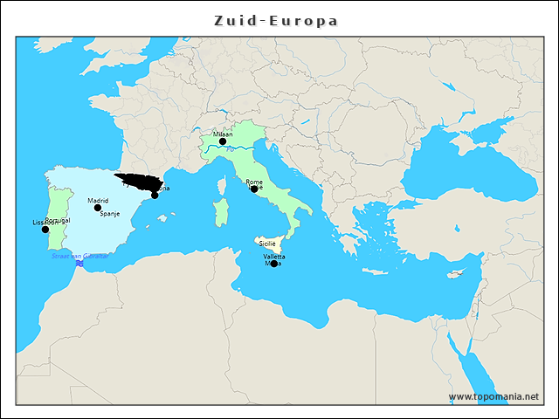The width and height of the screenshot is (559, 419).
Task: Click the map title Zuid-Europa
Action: (x=276, y=19)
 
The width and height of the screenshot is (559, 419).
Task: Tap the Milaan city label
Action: (x=223, y=134)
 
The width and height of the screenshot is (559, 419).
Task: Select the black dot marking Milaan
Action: (x=223, y=141)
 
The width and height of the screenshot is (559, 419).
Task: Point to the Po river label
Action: (x=230, y=150)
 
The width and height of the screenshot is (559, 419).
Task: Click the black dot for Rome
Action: (x=254, y=189)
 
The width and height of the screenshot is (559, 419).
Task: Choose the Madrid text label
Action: (x=98, y=200)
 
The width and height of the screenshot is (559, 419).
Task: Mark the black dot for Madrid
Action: (x=98, y=208)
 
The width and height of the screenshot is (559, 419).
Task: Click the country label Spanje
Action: (x=110, y=213)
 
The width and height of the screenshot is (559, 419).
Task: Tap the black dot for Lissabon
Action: (x=45, y=230)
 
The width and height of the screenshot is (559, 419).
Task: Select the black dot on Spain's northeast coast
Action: (x=155, y=195)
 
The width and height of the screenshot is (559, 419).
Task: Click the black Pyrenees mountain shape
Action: (x=140, y=182)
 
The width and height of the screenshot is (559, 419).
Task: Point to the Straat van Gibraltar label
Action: (x=79, y=256)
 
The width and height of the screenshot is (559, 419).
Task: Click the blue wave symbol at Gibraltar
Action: (x=79, y=263)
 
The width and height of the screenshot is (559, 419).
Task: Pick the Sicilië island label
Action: (x=267, y=242)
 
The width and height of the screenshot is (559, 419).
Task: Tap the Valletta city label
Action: (x=273, y=257)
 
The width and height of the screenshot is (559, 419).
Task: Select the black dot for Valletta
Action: (x=273, y=264)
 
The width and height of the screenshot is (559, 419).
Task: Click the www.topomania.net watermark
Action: (x=493, y=396)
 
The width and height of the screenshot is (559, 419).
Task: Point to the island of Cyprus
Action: (x=454, y=273)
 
